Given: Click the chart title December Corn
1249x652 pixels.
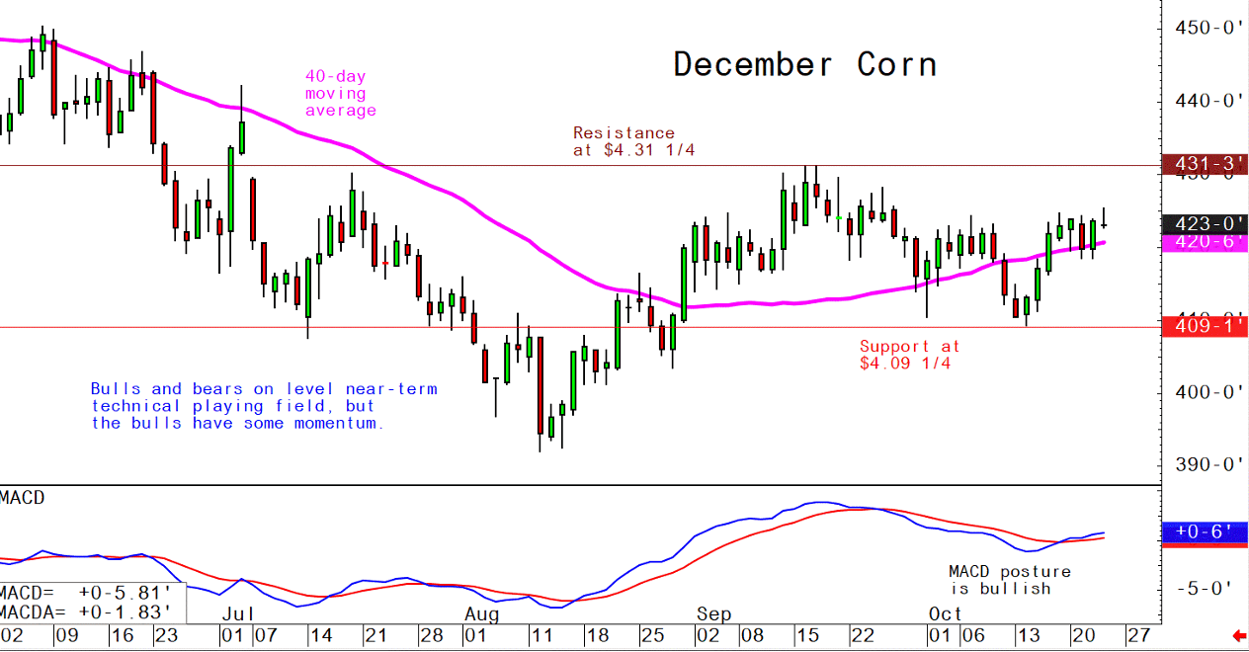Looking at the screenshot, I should pyautogui.click(x=804, y=65).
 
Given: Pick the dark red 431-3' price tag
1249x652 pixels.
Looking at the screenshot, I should pyautogui.click(x=1206, y=164).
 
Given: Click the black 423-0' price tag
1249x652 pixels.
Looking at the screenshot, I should pyautogui.click(x=1206, y=224).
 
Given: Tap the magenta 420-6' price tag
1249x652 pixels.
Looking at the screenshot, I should pyautogui.click(x=1206, y=242).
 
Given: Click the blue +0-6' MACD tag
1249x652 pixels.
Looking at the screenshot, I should pyautogui.click(x=1206, y=532).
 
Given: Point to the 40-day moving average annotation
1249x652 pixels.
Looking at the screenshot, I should pyautogui.click(x=340, y=94).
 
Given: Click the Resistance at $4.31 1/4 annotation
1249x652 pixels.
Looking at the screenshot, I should pyautogui.click(x=624, y=141).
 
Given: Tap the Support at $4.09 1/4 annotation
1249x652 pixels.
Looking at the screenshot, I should pyautogui.click(x=909, y=355).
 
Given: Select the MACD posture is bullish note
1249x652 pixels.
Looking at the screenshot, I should pyautogui.click(x=1009, y=580).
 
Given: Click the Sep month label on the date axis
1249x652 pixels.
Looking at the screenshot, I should pyautogui.click(x=712, y=614).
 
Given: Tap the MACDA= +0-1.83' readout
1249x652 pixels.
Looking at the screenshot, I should pyautogui.click(x=91, y=612).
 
